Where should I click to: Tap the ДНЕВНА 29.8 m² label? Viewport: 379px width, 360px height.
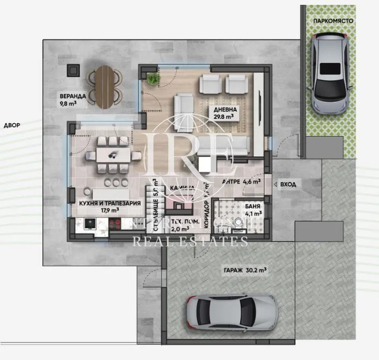[224, 112]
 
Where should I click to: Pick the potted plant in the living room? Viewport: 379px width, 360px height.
[153, 79]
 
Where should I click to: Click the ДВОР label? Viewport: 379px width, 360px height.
[12, 125]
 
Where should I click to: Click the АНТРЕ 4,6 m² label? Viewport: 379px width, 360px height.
[241, 182]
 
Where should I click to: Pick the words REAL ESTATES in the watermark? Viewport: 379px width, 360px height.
[190, 242]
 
